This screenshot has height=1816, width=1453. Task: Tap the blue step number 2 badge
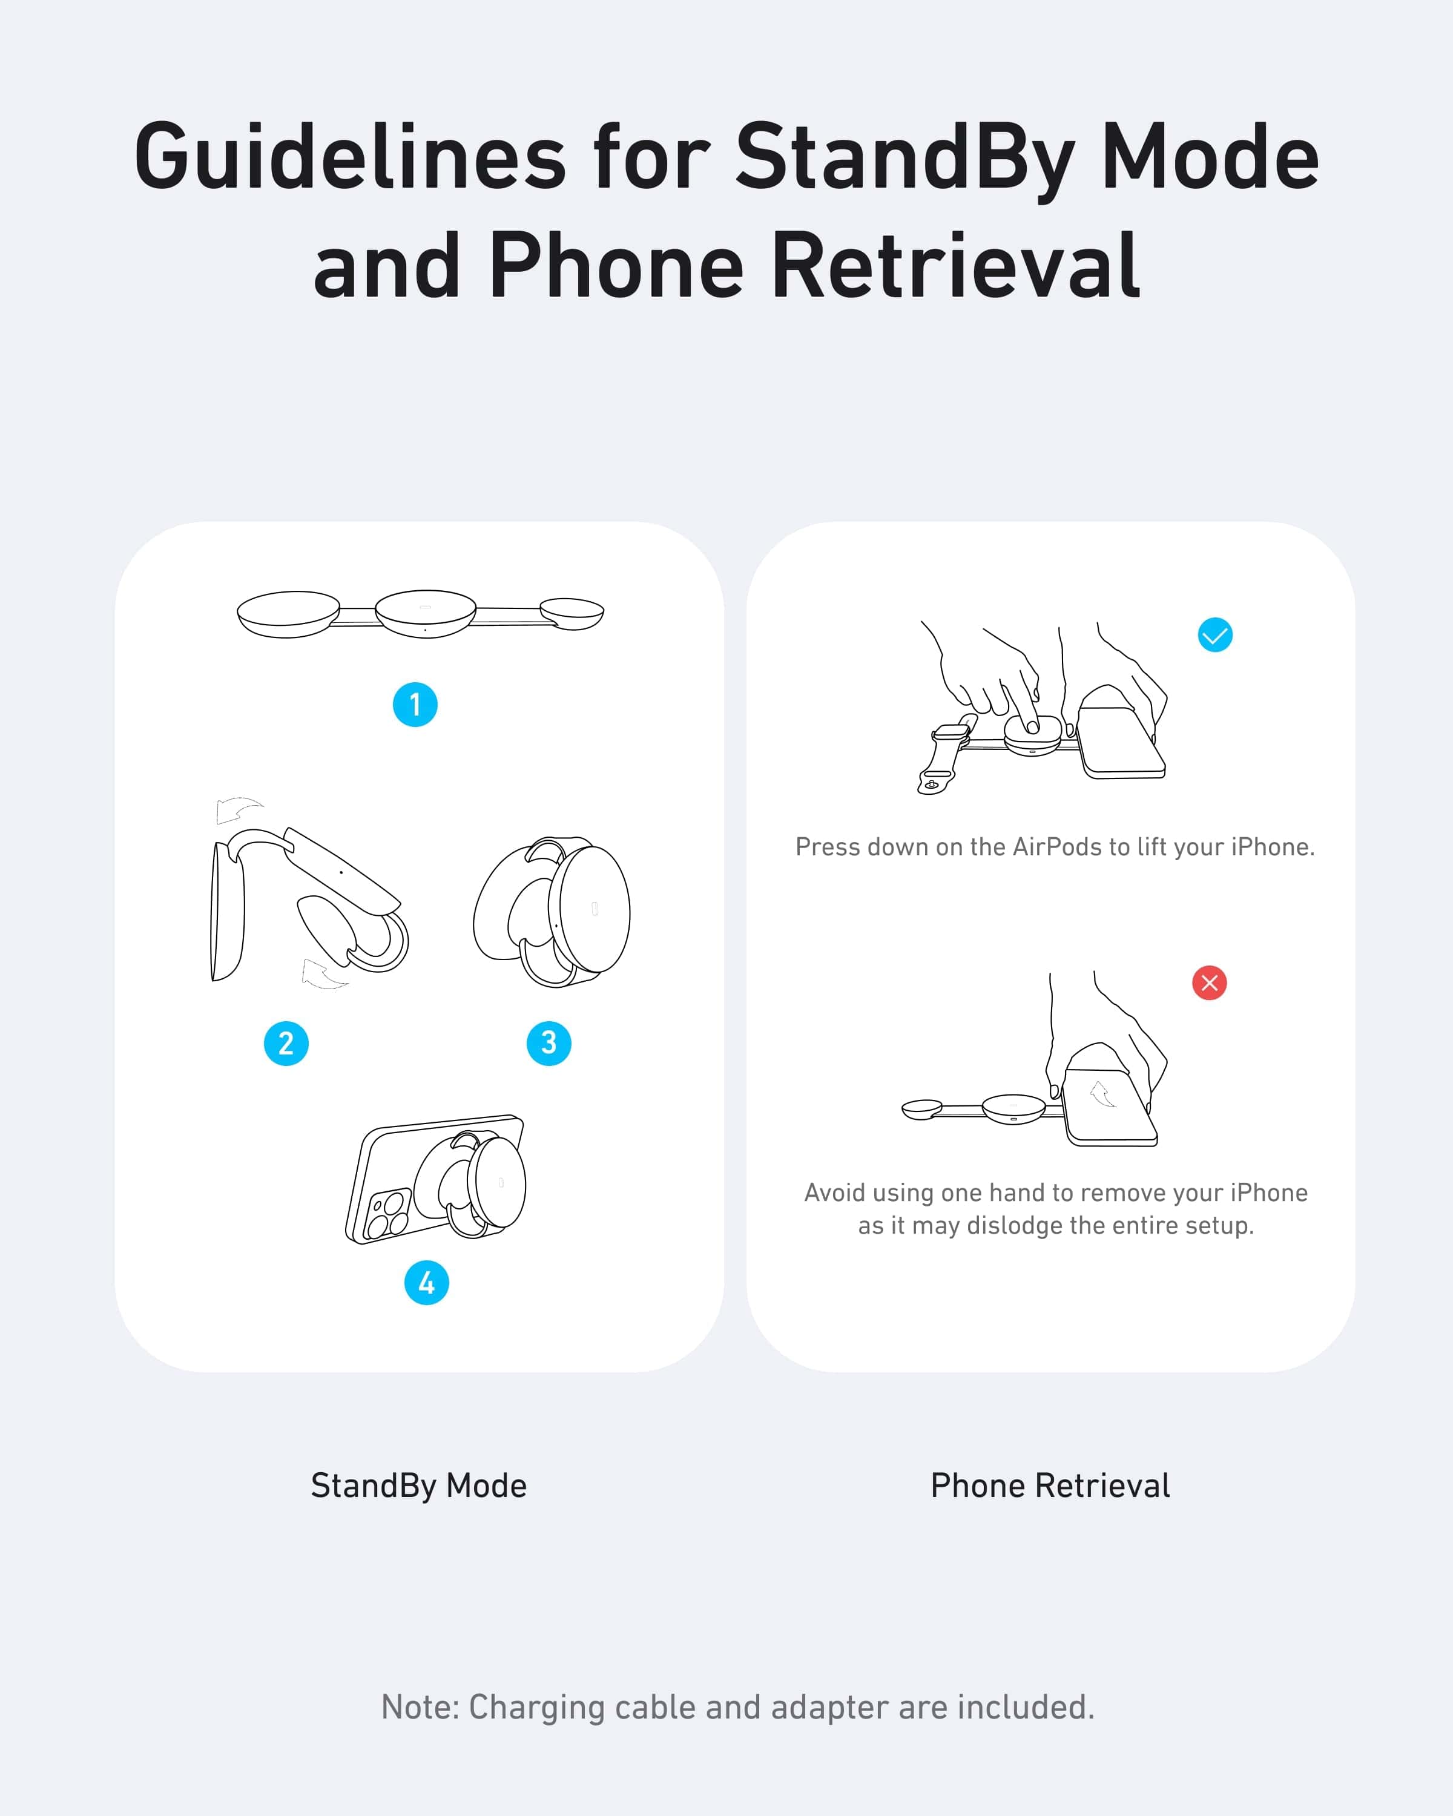coord(286,1044)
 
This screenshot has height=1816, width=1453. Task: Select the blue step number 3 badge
coord(549,1044)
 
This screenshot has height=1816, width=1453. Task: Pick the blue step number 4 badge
coord(427,1283)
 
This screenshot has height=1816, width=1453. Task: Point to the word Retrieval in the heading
coord(955,266)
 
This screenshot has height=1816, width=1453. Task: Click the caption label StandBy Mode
coord(418,1486)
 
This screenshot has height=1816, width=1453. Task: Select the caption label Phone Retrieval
coord(1050,1486)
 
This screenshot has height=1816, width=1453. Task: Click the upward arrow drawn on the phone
coord(1102,1094)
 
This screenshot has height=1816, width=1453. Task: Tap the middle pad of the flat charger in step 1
coord(426,613)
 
